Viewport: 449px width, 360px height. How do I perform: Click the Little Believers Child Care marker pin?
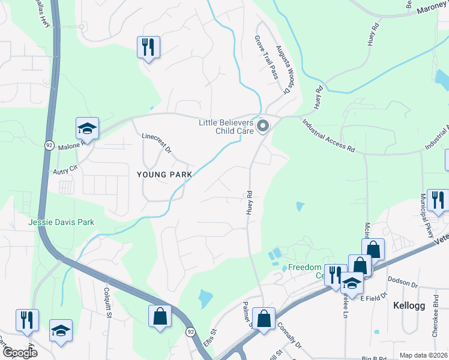click(x=262, y=126)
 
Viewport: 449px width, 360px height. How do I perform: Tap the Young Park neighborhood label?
click(x=164, y=175)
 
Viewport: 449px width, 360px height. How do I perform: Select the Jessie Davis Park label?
click(x=62, y=222)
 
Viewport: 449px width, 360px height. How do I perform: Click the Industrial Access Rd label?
click(x=329, y=134)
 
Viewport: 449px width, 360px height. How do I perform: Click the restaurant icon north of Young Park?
click(x=148, y=46)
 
